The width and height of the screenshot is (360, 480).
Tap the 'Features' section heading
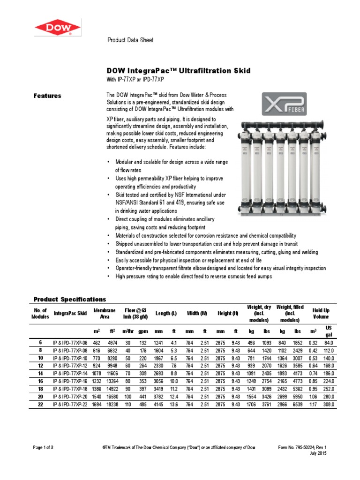click(47, 96)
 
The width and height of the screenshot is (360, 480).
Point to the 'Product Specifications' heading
click(70, 300)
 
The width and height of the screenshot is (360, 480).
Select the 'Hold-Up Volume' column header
click(322, 313)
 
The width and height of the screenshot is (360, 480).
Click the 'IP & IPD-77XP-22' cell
click(70, 404)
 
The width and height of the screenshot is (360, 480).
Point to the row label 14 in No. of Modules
click(40, 374)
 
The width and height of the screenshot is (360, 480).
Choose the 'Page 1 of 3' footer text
click(43, 447)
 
